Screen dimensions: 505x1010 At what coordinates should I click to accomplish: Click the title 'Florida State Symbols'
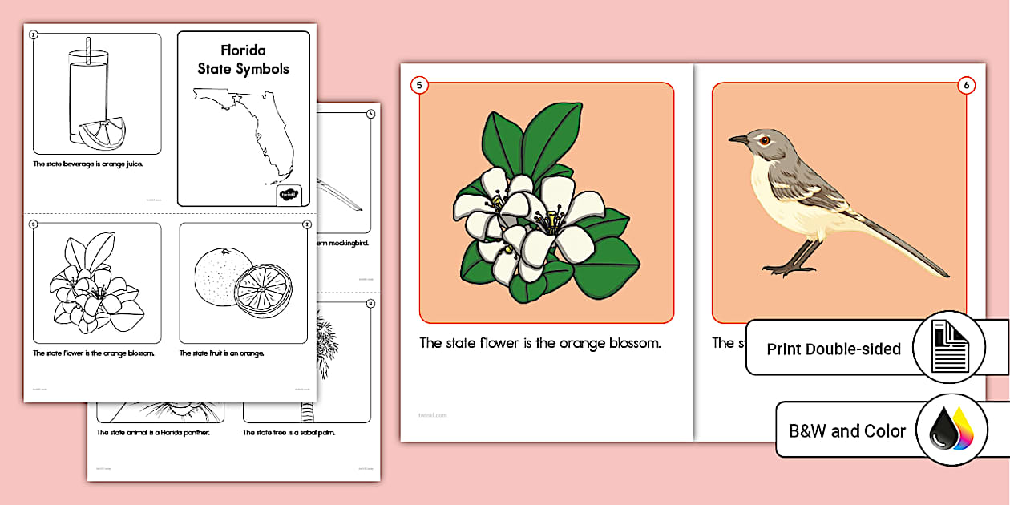pyautogui.click(x=243, y=60)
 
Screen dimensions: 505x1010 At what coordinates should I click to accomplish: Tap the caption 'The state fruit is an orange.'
pyautogui.click(x=221, y=353)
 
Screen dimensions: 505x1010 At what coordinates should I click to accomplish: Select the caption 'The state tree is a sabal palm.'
pyautogui.click(x=289, y=433)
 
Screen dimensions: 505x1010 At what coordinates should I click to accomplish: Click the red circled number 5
pyautogui.click(x=418, y=85)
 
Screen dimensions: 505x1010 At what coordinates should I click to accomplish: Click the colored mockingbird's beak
pyautogui.click(x=737, y=139)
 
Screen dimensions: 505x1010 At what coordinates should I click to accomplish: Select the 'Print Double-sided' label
pyautogui.click(x=834, y=349)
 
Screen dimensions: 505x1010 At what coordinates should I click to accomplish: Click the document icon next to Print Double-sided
pyautogui.click(x=950, y=347)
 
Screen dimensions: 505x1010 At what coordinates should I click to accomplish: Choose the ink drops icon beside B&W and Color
pyautogui.click(x=952, y=430)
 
